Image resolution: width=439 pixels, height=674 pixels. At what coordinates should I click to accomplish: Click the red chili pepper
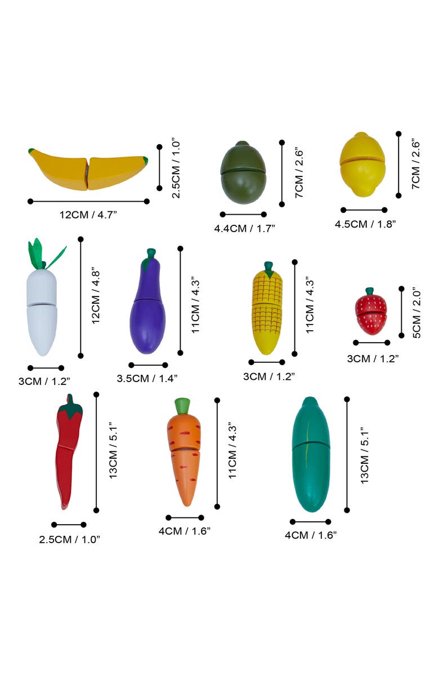(x=68, y=451)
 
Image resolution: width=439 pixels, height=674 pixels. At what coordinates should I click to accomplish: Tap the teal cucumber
(x=311, y=455)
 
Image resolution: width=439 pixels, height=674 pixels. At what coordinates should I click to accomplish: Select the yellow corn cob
(x=267, y=312)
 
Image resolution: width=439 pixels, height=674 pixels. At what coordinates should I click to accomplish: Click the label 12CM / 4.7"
(x=88, y=214)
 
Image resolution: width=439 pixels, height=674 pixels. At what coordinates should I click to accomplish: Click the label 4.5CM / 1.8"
(x=365, y=224)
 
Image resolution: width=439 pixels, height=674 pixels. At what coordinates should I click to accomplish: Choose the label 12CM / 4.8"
(x=96, y=298)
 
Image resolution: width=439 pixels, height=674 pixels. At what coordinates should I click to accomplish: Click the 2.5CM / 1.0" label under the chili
(x=69, y=539)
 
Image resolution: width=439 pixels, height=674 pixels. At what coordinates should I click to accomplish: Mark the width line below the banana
(x=88, y=201)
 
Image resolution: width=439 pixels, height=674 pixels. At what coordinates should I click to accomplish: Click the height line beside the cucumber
(x=347, y=455)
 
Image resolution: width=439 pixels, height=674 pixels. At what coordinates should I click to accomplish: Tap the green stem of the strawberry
(x=370, y=291)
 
